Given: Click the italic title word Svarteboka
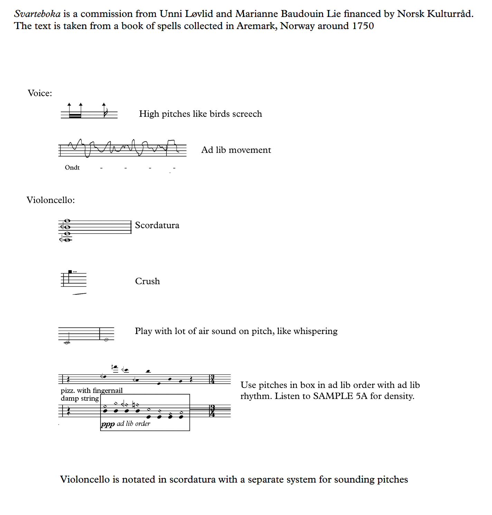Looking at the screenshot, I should pyautogui.click(x=37, y=14).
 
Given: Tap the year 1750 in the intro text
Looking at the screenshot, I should pyautogui.click(x=363, y=26).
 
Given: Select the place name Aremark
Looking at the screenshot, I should pyautogui.click(x=256, y=26).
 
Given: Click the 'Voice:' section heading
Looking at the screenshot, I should pyautogui.click(x=40, y=93).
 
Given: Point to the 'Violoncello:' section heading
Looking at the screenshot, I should pyautogui.click(x=50, y=200).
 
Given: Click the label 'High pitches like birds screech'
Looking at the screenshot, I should pyautogui.click(x=200, y=114).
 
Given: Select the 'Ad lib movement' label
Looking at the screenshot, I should pyautogui.click(x=236, y=150).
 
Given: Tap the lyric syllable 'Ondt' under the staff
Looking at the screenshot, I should pyautogui.click(x=72, y=167).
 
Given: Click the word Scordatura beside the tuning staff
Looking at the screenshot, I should pyautogui.click(x=157, y=225).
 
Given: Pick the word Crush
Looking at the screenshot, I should pyautogui.click(x=148, y=281).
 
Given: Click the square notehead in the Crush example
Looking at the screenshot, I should pyautogui.click(x=70, y=272).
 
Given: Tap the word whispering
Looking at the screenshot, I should pyautogui.click(x=315, y=331).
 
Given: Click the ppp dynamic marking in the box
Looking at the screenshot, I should pyautogui.click(x=108, y=424).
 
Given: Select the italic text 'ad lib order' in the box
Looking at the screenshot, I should pyautogui.click(x=133, y=424).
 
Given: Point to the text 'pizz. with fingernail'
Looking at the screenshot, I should pyautogui.click(x=92, y=390).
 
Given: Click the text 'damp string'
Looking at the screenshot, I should pyautogui.click(x=80, y=398).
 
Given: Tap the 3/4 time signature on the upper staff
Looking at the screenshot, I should pyautogui.click(x=212, y=379).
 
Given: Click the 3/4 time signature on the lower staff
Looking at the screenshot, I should pyautogui.click(x=212, y=411).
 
